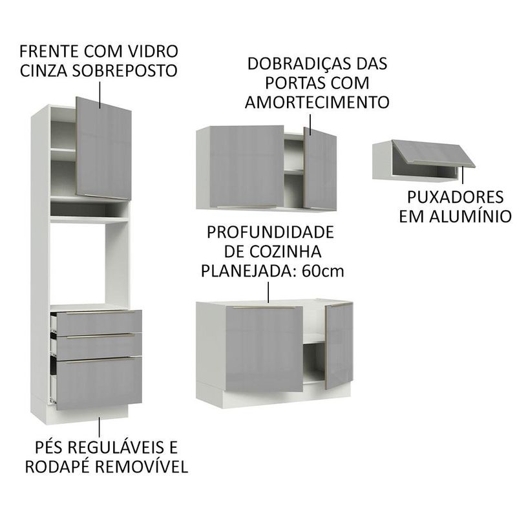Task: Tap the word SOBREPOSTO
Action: pos(124,70)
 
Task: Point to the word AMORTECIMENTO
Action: pos(317,102)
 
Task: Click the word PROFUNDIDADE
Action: pos(270,233)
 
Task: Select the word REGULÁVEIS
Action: pos(119,447)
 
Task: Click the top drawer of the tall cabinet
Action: pos(99,322)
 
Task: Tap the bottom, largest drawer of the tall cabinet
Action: pos(99,383)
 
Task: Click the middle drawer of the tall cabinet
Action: pos(99,346)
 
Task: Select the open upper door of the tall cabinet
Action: pos(104,149)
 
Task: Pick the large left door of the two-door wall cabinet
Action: pos(247,167)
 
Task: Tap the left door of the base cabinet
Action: pos(264,349)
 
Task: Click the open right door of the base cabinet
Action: pos(339,346)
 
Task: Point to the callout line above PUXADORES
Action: pos(463,174)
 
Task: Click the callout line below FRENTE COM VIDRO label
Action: pos(100,95)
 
